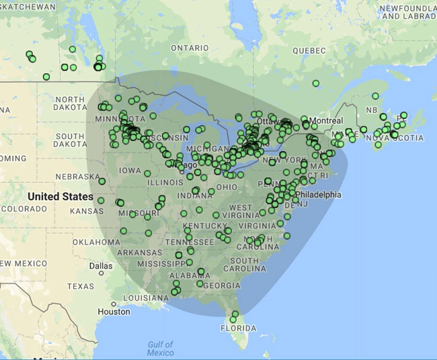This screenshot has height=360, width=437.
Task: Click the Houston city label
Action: [x=114, y=312]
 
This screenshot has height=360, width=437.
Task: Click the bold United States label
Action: [x=61, y=197]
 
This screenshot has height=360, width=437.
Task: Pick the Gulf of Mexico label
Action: [x=161, y=349]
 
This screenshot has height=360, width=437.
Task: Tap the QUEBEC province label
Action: [x=309, y=50]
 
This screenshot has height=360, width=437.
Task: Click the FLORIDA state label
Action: [x=240, y=328]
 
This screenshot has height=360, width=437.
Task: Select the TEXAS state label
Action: [x=81, y=286]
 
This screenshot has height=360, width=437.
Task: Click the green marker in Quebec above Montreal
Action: [x=316, y=83]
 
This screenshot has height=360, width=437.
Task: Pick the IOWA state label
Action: [x=130, y=171]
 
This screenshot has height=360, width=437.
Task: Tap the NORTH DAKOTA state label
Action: [x=69, y=104]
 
